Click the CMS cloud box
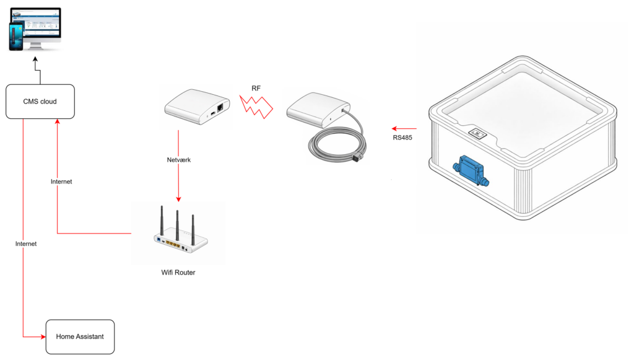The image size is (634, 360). [x=40, y=101]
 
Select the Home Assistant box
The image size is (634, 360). [x=80, y=336]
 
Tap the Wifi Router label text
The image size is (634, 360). [x=178, y=272]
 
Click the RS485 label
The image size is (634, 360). [x=402, y=138]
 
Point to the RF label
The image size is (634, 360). [x=256, y=89]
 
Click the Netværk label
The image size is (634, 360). [x=179, y=159]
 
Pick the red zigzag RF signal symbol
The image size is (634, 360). [x=256, y=107]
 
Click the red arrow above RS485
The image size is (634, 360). [x=404, y=128]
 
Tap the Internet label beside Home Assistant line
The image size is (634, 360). [x=26, y=244]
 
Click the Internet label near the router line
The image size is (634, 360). [x=61, y=182]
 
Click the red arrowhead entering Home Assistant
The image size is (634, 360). [x=43, y=337]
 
